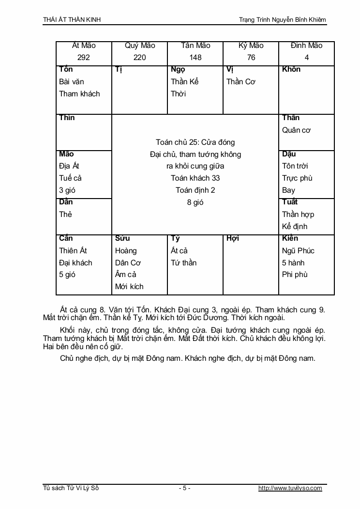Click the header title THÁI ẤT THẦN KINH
(72, 20)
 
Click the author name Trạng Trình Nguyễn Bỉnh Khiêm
(283, 20)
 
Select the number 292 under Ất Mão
(84, 58)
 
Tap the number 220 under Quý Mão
(140, 58)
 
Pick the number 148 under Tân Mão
(195, 58)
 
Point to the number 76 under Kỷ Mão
(251, 58)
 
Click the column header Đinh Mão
(307, 46)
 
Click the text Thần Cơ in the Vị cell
(240, 81)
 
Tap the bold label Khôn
(291, 69)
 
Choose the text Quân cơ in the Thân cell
(296, 130)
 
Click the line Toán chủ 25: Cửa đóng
(195, 142)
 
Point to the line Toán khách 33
(195, 178)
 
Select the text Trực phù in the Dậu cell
(297, 178)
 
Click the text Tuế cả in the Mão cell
(70, 178)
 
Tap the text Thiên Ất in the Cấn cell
(73, 250)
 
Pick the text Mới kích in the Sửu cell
(129, 286)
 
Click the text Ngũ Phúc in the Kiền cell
(298, 250)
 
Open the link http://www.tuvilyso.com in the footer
(290, 488)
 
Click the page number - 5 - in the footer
(184, 488)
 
